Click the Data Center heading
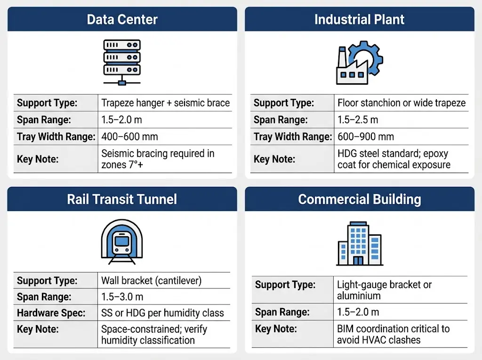click(x=122, y=20)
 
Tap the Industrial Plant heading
click(x=359, y=20)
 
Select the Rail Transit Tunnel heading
click(x=122, y=199)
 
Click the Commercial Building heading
click(x=359, y=199)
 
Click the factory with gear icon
click(x=359, y=63)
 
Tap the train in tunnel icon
click(x=122, y=241)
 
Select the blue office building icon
click(x=359, y=243)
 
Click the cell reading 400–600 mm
click(x=130, y=137)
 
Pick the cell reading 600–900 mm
click(x=366, y=137)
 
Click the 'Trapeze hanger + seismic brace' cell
click(x=166, y=103)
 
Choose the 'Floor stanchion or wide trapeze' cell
click(x=402, y=103)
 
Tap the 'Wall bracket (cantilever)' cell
click(x=151, y=281)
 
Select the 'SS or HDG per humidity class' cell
click(x=162, y=313)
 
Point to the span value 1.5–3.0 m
click(x=122, y=297)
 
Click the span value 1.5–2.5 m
click(x=358, y=120)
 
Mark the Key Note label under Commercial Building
click(x=275, y=328)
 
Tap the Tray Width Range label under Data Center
click(x=56, y=137)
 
